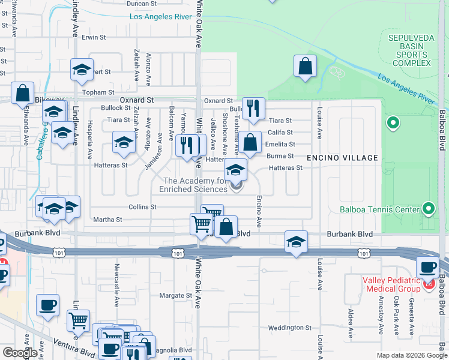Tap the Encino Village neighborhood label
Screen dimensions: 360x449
[343, 158]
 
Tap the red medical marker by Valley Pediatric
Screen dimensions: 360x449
[429, 283]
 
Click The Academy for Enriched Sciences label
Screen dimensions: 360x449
[193, 185]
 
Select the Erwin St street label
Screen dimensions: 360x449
[94, 37]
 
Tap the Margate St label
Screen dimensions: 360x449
[175, 295]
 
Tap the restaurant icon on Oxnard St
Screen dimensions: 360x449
[253, 108]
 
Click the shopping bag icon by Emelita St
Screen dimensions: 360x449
[251, 142]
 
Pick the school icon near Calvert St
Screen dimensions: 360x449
[82, 70]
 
